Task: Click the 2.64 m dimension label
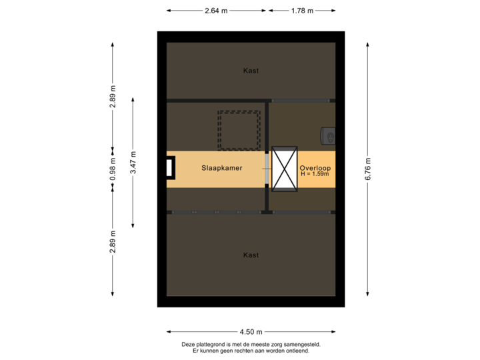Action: point(216,11)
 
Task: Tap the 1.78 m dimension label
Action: point(302,11)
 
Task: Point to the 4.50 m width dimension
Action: point(251,331)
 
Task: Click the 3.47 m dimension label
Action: point(133,162)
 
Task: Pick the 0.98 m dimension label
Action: point(113,169)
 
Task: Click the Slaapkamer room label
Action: point(222,169)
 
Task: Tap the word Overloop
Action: point(315,168)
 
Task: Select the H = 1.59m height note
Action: point(315,175)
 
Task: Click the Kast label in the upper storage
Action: point(251,71)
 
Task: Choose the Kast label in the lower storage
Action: point(251,255)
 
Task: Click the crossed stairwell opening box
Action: point(285,169)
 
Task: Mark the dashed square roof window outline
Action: point(239,130)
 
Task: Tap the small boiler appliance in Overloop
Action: point(329,135)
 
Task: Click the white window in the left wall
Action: point(171,168)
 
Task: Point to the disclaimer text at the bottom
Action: point(251,347)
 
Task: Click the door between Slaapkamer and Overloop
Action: point(268,169)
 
